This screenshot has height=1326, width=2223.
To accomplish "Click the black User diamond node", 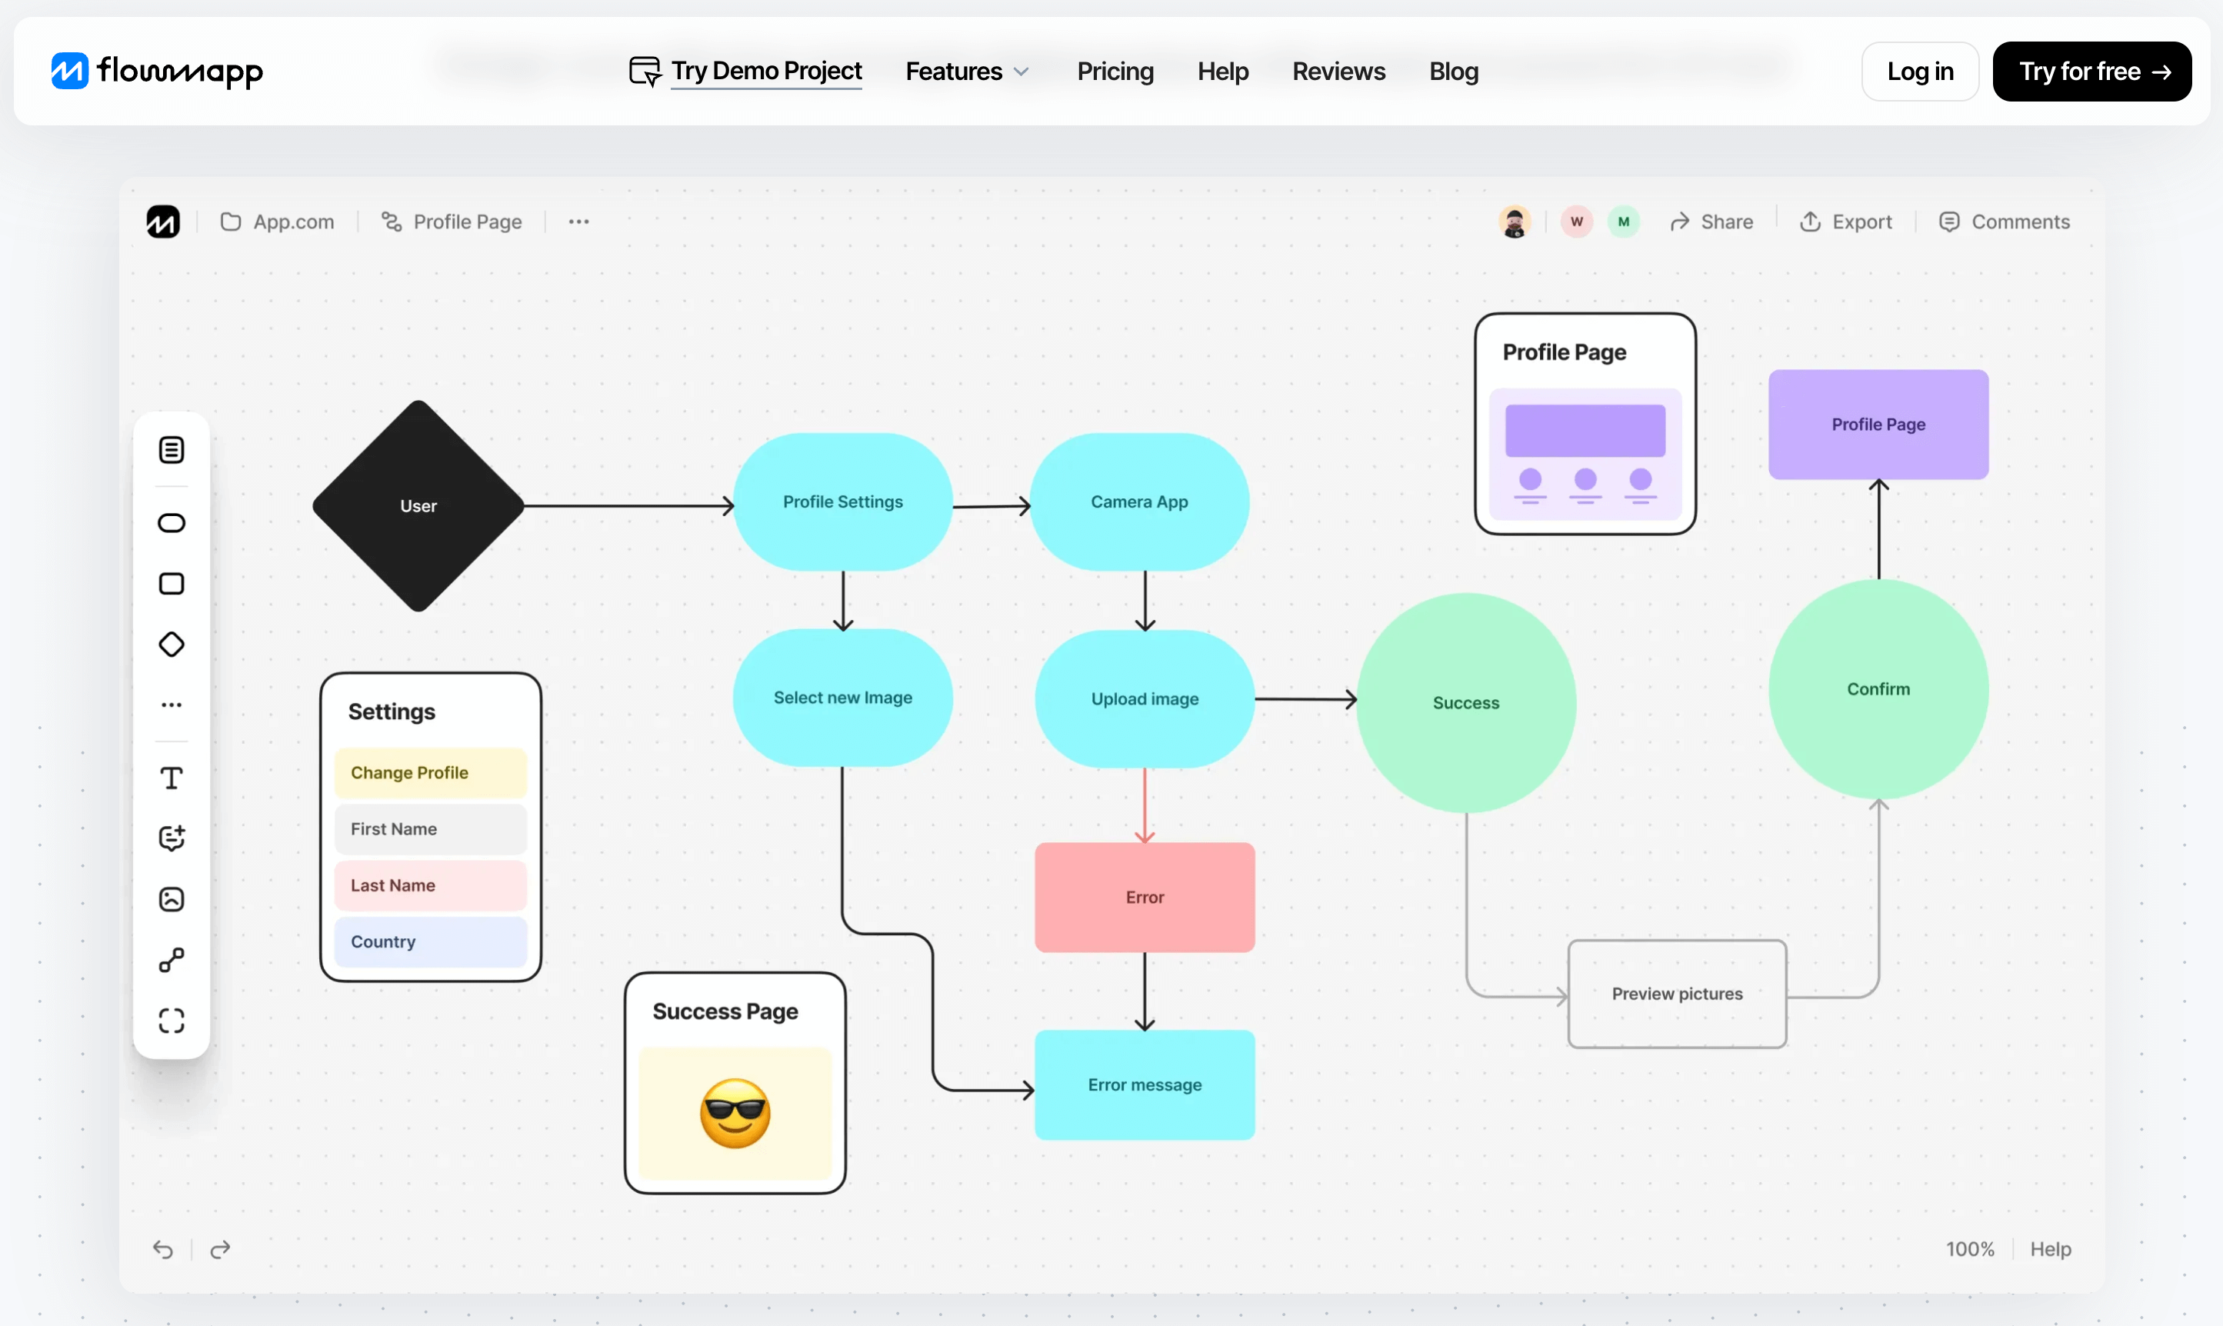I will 418,506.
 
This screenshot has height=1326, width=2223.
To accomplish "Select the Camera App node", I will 1139,502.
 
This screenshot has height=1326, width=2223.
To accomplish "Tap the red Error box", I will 1145,897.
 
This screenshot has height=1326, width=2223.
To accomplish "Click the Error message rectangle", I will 1145,1084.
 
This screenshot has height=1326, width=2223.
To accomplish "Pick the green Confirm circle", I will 1878,689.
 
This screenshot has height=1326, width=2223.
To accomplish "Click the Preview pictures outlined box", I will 1677,994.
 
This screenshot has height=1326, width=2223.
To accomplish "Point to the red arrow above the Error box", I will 1145,805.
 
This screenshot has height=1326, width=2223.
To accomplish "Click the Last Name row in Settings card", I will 431,885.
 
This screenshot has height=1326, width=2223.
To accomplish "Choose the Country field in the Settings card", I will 431,941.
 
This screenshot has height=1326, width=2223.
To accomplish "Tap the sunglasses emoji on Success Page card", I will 735,1114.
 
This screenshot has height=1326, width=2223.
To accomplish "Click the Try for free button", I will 2091,72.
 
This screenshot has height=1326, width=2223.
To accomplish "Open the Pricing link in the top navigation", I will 1115,72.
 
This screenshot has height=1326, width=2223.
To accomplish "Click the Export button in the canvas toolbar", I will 1846,222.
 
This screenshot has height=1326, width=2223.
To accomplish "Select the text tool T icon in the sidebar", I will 172,778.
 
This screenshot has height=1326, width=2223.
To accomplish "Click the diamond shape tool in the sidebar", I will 172,645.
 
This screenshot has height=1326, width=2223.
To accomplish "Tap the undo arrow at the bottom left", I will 162,1249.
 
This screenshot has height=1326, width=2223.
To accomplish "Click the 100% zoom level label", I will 1969,1249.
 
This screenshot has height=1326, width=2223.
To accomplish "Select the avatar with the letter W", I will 1577,222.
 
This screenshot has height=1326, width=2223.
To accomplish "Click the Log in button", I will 1919,72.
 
